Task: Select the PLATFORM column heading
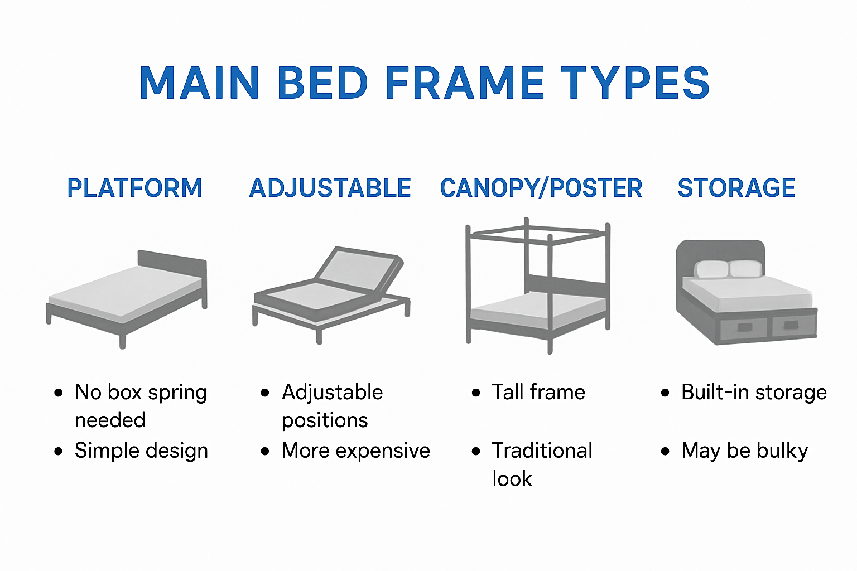coord(134,188)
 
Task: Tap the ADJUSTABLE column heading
coord(330,188)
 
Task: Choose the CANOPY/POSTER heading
coord(541,188)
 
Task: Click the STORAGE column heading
coord(736,188)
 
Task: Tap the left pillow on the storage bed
coord(711,269)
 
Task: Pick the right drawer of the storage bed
coord(793,325)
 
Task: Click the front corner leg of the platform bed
coord(122,338)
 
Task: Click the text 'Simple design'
coord(141,451)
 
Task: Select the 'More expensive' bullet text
coord(355,451)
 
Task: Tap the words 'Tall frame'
coord(538,393)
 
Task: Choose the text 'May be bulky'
coord(744,451)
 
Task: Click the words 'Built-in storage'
coord(754,393)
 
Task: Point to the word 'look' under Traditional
coord(512,479)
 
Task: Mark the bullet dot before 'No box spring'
coord(59,393)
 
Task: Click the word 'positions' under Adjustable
coord(325,420)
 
